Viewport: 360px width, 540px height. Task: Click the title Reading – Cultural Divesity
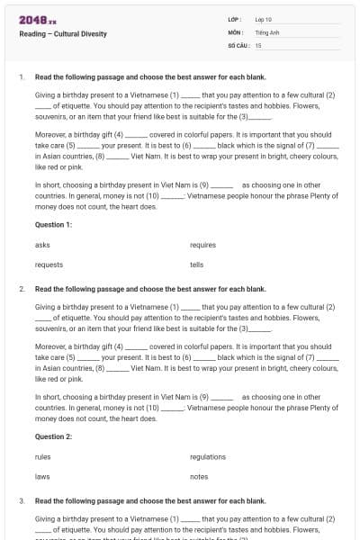[63, 34]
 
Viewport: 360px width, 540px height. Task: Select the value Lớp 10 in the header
[264, 19]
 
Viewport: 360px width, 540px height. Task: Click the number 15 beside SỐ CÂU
[258, 45]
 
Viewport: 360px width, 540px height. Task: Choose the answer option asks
[42, 245]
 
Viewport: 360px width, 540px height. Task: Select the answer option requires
[203, 245]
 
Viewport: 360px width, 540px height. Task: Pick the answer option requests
[49, 265]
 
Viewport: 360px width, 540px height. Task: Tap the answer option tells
[197, 265]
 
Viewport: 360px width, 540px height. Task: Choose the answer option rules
[43, 456]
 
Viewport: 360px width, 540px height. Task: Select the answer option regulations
[208, 456]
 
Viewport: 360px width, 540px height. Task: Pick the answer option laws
[42, 476]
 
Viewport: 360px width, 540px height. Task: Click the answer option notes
[199, 476]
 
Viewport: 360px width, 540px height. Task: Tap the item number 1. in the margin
[22, 77]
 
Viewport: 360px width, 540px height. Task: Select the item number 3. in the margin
[22, 500]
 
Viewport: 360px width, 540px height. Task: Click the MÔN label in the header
[236, 31]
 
